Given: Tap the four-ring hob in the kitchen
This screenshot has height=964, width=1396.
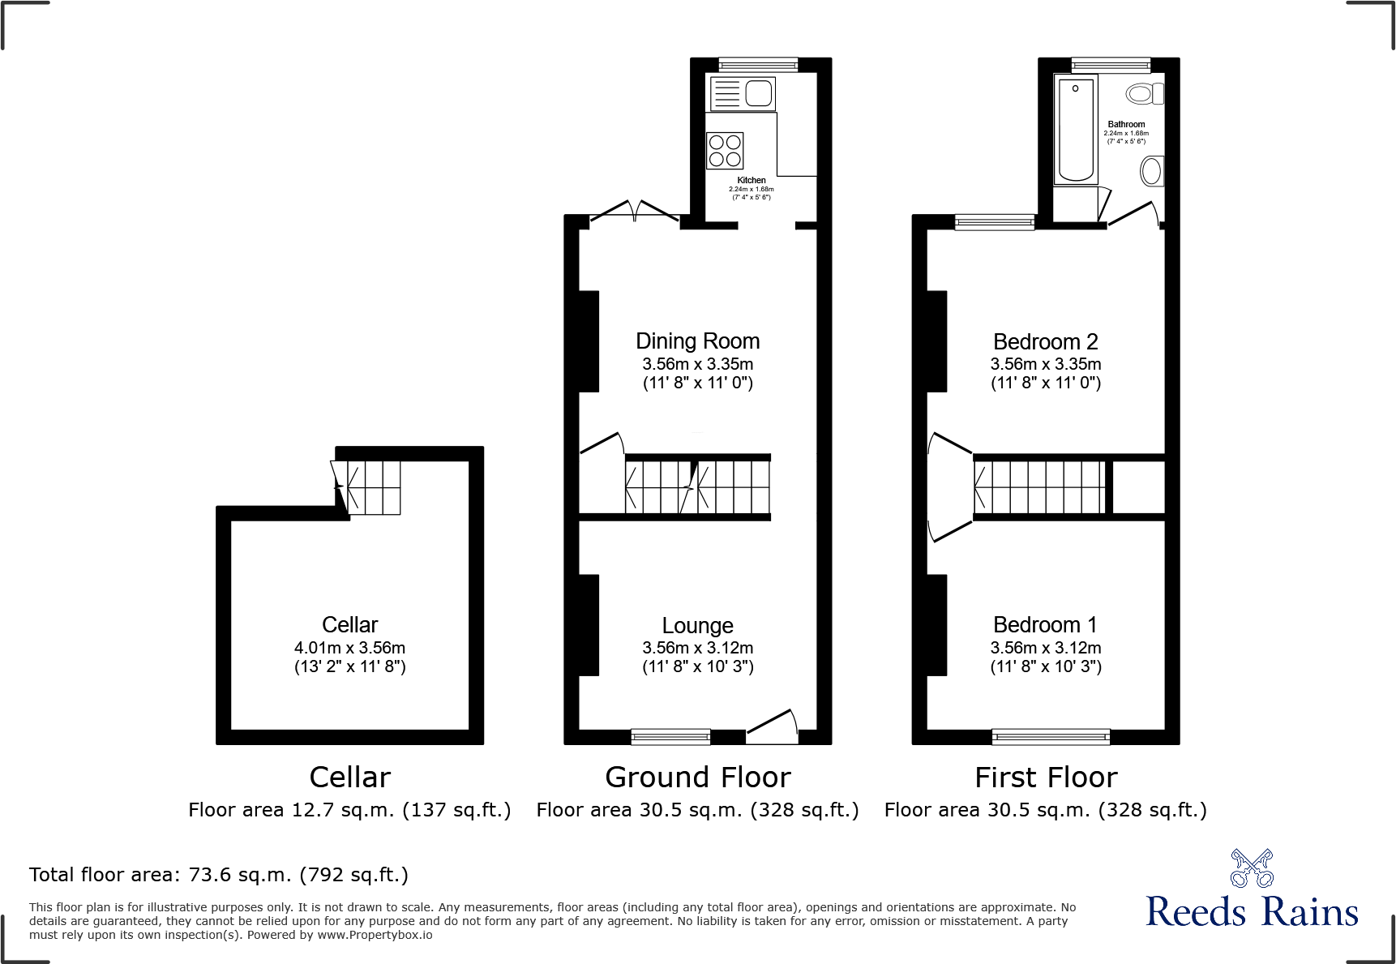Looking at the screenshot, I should tap(725, 151).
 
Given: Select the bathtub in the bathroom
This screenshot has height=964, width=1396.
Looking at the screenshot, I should tap(1076, 130).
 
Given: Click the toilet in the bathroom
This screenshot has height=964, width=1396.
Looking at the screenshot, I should tap(1145, 94).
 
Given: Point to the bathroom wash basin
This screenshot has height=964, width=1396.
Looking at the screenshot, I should tap(1151, 171).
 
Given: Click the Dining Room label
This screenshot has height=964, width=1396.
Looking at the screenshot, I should tap(697, 341).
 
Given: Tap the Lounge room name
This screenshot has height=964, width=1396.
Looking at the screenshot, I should tap(697, 625).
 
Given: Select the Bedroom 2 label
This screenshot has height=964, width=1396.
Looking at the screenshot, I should tap(1045, 341).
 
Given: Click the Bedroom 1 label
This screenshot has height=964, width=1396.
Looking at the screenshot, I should tap(1045, 625).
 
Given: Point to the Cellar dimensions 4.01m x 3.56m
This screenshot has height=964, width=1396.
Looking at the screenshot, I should tap(349, 648).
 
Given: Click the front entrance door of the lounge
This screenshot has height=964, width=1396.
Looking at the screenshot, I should tap(772, 726).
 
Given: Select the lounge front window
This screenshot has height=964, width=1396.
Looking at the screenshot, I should tap(670, 736).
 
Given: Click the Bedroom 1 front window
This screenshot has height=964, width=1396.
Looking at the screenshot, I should tap(1051, 736).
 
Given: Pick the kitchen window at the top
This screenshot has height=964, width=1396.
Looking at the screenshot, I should tap(758, 65).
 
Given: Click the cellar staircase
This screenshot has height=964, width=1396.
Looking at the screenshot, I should tap(369, 487).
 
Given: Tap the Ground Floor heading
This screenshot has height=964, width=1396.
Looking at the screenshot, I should tap(697, 778).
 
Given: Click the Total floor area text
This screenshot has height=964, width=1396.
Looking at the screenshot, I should tap(219, 875).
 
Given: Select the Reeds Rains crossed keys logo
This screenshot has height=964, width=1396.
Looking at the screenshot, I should tap(1252, 868).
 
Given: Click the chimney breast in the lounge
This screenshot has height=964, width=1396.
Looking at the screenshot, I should tap(589, 625).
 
